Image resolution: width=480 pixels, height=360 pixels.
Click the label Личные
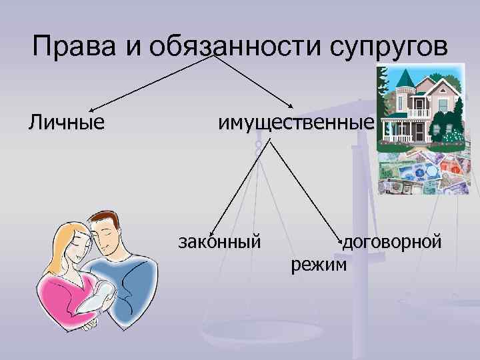click(66, 123)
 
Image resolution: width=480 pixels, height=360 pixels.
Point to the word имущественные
click(294, 123)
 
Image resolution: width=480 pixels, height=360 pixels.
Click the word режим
click(319, 265)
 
